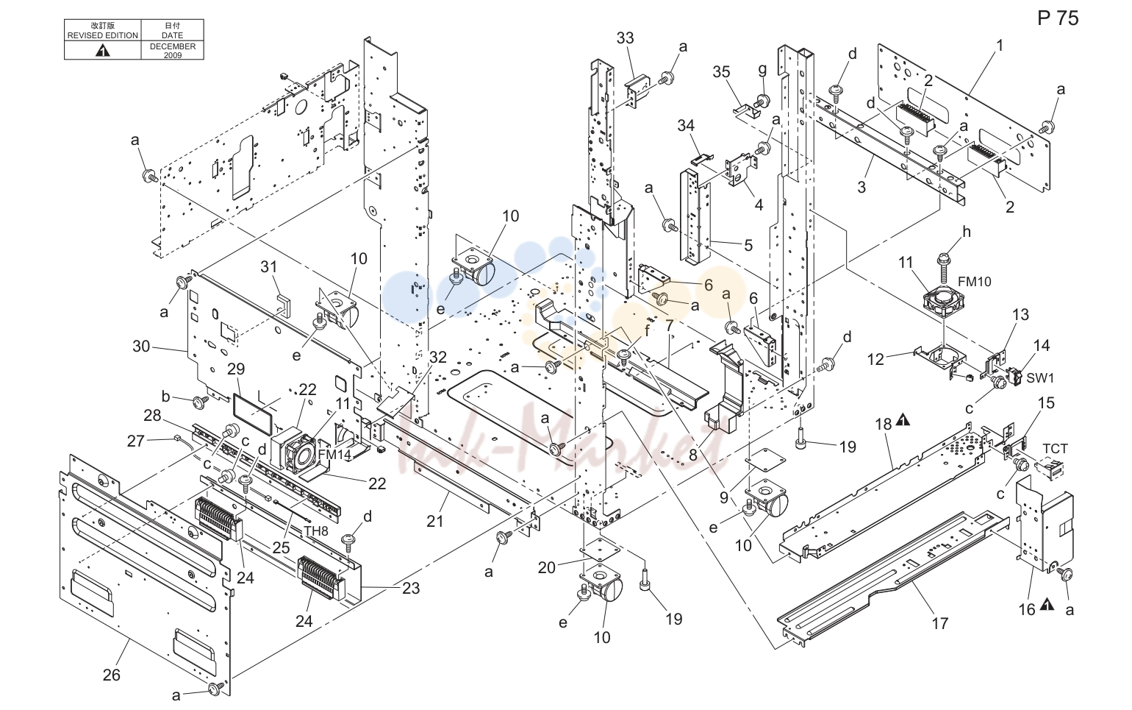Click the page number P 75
(1058, 18)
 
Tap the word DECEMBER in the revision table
(172, 46)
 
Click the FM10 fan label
(975, 282)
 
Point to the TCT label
(1056, 449)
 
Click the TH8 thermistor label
(316, 530)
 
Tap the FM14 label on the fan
(334, 454)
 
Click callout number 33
(625, 38)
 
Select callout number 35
(721, 72)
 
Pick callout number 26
(112, 675)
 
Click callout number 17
(940, 623)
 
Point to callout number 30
(141, 347)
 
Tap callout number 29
(236, 369)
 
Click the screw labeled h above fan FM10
(967, 232)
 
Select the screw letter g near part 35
(762, 69)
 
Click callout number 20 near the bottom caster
(547, 568)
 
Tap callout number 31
(269, 266)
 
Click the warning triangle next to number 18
(903, 419)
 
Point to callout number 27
(136, 441)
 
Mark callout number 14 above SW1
(1042, 346)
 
